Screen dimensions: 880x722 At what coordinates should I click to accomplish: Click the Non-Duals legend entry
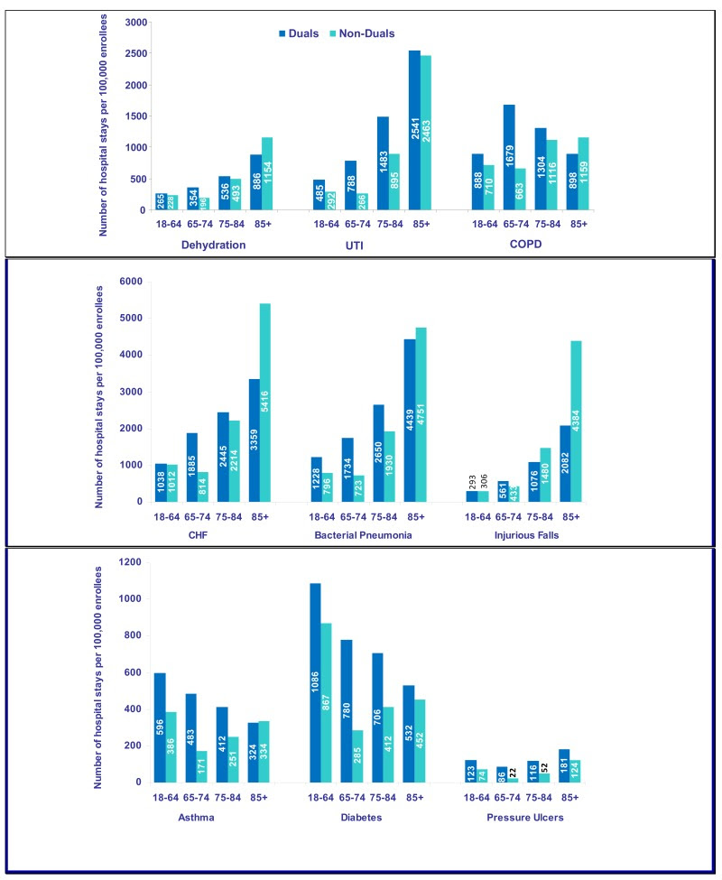point(364,33)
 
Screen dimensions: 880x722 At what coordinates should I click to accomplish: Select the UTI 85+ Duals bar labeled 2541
point(414,130)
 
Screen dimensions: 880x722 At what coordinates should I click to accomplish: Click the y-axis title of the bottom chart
point(106,672)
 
